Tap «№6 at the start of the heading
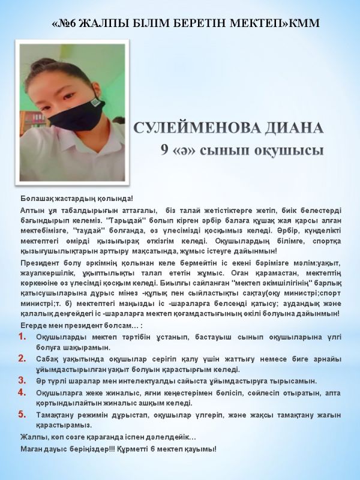pos(64,23)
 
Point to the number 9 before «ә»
pos(164,149)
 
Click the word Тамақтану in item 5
pos(55,415)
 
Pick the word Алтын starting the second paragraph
pos(32,209)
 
